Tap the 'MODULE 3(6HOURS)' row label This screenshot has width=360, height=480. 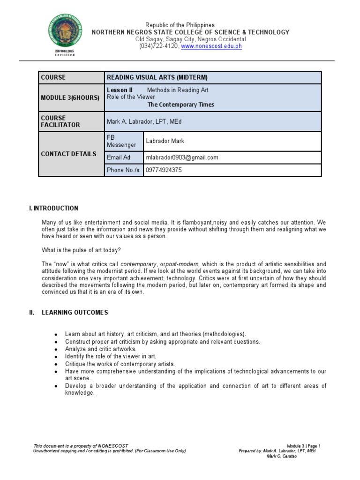click(70, 97)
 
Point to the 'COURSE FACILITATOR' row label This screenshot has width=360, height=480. click(60, 121)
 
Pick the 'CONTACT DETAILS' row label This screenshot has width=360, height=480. click(68, 154)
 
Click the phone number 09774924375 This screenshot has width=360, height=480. click(164, 170)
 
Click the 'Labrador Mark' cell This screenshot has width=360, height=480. click(165, 141)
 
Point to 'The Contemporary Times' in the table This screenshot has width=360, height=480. click(180, 105)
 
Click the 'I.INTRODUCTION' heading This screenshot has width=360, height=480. click(53, 208)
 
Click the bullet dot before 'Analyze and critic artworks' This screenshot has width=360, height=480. click(56, 350)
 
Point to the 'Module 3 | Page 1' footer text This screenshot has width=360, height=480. click(305, 446)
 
